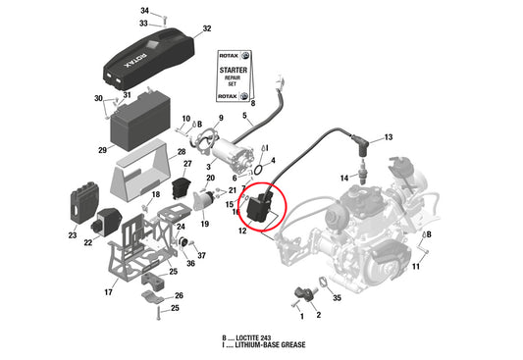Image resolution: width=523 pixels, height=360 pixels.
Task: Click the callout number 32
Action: pyautogui.click(x=206, y=29)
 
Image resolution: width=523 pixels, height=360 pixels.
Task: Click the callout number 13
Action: pyautogui.click(x=388, y=137)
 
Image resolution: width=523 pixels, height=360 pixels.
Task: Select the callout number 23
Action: pyautogui.click(x=73, y=235)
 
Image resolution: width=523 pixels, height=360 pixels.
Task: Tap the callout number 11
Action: pyautogui.click(x=415, y=266)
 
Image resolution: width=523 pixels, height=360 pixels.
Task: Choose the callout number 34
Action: pyautogui.click(x=144, y=10)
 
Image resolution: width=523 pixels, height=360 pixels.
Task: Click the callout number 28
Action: pyautogui.click(x=182, y=152)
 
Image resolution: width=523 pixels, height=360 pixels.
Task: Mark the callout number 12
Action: pyautogui.click(x=241, y=231)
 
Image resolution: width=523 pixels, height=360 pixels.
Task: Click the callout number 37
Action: pyautogui.click(x=201, y=255)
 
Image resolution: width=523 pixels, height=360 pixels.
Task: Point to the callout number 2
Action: pyautogui.click(x=317, y=315)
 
